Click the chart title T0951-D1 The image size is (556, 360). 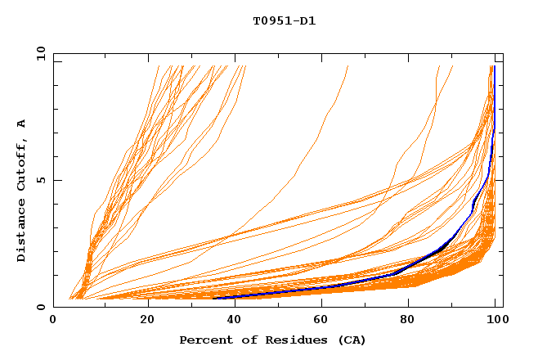(x=284, y=21)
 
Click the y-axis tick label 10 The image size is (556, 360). (x=41, y=53)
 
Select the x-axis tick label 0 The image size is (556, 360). (x=53, y=321)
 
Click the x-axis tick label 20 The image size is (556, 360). (x=147, y=321)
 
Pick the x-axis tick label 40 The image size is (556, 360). (x=235, y=321)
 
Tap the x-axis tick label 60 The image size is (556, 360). (x=324, y=321)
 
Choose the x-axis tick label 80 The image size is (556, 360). (x=412, y=321)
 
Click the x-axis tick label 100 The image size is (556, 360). (x=495, y=321)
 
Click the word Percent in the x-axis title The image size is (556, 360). (x=204, y=340)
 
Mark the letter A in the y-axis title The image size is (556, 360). (x=22, y=124)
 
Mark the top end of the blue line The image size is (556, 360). (x=494, y=67)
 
